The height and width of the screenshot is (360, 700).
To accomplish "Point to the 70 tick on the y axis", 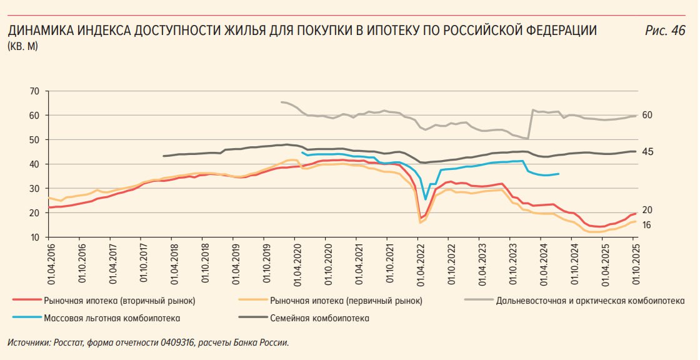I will tap(34, 91).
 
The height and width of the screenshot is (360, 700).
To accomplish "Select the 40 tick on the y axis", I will tap(34, 164).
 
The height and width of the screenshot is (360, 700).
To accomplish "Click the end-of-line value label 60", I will tap(647, 115).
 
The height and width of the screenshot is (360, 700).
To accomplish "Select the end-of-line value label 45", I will tap(647, 152).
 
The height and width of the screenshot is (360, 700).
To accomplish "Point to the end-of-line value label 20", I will tap(647, 211).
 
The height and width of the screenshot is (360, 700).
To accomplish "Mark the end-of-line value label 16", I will tap(647, 224).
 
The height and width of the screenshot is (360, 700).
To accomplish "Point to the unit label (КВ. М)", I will tap(22, 46).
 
